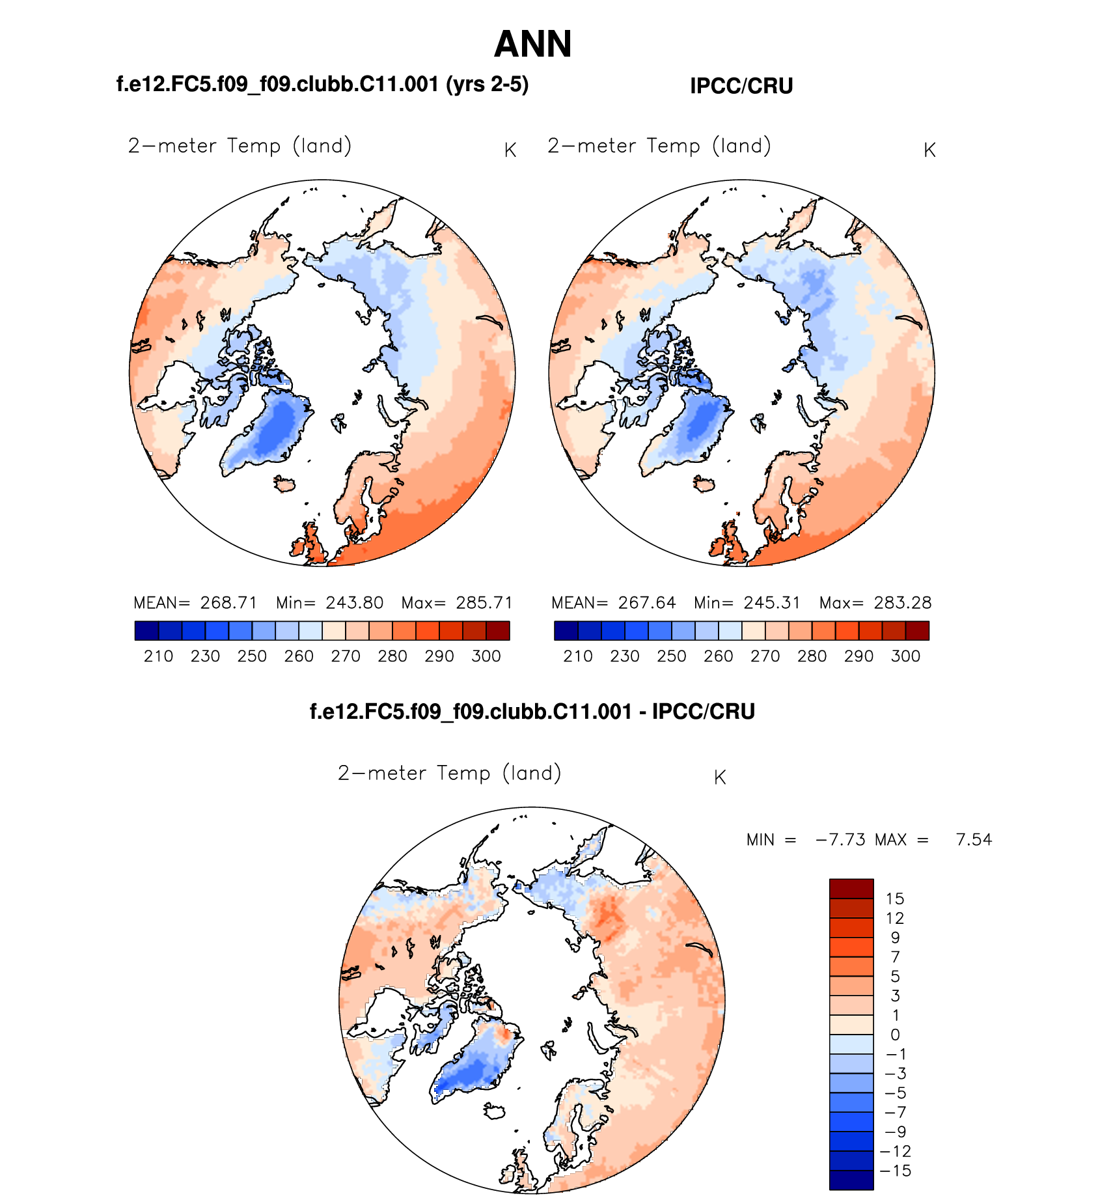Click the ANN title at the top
pos(532,44)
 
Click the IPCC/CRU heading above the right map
pos(741,86)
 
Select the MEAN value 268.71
pos(228,602)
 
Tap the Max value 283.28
pos(903,602)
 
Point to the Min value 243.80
pos(355,602)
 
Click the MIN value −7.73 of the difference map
pos(840,839)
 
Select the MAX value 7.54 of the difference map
pos(974,839)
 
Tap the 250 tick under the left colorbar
pos(252,656)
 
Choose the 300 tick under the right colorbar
pos(905,656)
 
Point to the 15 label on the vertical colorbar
pos(895,898)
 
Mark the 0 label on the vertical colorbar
pos(895,1035)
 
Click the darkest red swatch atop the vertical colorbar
pos(851,889)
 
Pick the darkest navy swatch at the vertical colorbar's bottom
pos(851,1180)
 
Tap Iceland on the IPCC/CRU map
pos(704,484)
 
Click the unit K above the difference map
pos(720,777)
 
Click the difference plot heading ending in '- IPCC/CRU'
pos(532,711)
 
